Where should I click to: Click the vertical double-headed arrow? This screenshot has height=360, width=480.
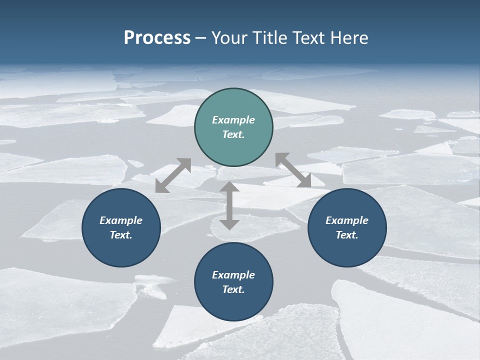click(x=229, y=205)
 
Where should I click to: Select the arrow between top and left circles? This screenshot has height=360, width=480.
click(x=173, y=175)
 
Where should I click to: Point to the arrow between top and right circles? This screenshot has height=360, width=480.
click(x=293, y=170)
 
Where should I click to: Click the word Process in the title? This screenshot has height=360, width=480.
click(x=157, y=37)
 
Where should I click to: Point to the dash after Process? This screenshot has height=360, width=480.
click(x=201, y=38)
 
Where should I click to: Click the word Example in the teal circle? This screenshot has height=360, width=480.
click(x=233, y=120)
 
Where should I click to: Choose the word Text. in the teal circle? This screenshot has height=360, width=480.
click(x=233, y=134)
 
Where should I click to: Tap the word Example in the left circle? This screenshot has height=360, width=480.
click(x=121, y=220)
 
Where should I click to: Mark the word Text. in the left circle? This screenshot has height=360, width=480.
click(x=121, y=235)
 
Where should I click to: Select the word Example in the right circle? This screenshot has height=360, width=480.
click(x=347, y=220)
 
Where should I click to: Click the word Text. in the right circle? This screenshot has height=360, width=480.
click(x=347, y=235)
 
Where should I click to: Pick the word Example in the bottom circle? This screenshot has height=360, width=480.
click(x=233, y=275)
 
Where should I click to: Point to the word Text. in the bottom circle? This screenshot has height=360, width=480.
click(x=233, y=289)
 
